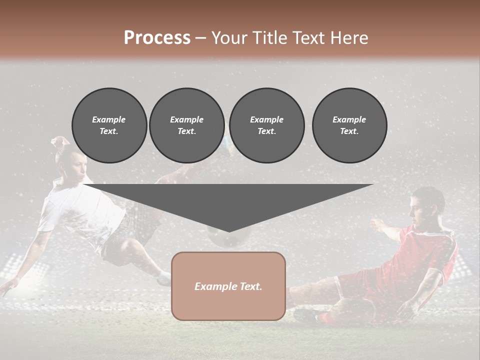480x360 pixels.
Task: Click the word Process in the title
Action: [157, 38]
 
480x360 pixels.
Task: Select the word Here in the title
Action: [348, 38]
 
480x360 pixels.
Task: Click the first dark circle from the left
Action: [109, 125]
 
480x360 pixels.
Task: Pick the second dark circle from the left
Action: [186, 125]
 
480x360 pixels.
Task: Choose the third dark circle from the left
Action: [266, 125]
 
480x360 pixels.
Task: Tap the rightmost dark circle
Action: [349, 125]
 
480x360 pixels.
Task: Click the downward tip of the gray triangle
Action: [229, 230]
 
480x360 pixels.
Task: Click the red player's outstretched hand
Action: [375, 223]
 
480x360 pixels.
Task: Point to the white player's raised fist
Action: [59, 142]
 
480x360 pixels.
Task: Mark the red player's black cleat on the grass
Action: [303, 315]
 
